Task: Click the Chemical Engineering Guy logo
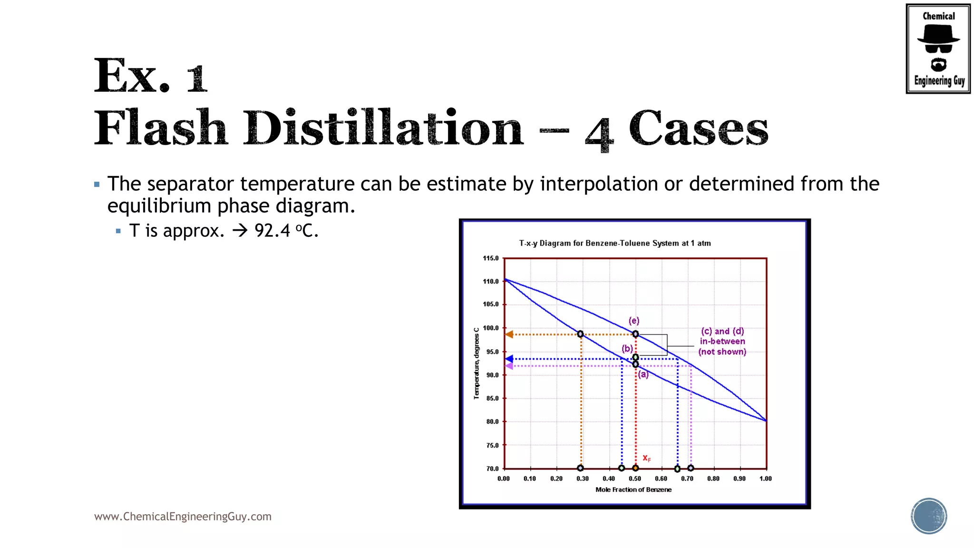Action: point(938,49)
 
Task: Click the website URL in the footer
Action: point(183,517)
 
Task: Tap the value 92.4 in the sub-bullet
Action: point(272,231)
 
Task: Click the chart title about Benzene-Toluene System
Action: point(614,243)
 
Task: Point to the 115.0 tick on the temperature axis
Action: point(491,258)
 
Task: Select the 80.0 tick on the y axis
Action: point(492,421)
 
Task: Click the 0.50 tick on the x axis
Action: point(635,479)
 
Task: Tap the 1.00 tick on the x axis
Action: point(765,479)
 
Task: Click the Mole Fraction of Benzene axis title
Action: point(633,489)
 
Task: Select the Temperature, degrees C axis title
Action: point(477,363)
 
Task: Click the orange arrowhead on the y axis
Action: point(509,334)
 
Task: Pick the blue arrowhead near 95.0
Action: point(509,359)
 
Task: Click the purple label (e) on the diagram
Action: point(634,321)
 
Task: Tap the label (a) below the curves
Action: point(643,374)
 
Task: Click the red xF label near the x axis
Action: point(646,458)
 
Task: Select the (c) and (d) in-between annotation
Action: point(722,342)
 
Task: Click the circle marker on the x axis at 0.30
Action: point(580,468)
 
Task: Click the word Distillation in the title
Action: point(383,128)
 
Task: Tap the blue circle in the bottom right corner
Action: point(928,516)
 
